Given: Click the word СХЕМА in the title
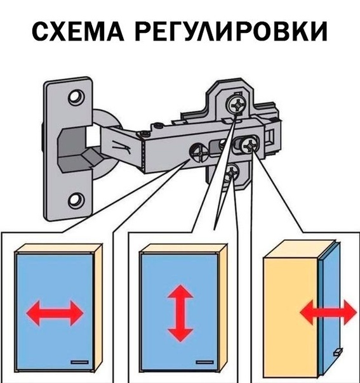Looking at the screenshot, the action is click(x=78, y=32).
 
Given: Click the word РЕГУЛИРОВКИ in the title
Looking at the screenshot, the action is click(x=231, y=32).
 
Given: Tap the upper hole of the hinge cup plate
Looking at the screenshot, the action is click(x=76, y=98).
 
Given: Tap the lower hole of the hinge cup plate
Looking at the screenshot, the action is click(x=76, y=200).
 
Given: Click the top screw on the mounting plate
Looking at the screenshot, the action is click(x=236, y=105).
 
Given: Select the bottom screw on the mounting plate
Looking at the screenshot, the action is click(x=232, y=172).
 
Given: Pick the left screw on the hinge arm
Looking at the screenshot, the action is click(x=198, y=153).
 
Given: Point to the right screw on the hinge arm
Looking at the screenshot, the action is click(x=250, y=146).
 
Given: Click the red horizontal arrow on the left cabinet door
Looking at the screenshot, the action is click(x=55, y=313).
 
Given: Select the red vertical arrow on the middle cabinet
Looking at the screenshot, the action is click(x=180, y=313).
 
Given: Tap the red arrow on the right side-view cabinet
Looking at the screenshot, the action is click(x=328, y=312).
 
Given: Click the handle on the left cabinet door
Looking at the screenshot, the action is click(x=79, y=362).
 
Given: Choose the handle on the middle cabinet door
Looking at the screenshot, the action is click(x=204, y=362).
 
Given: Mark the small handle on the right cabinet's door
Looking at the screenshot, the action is click(x=338, y=352).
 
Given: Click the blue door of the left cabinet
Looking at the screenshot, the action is click(x=55, y=312).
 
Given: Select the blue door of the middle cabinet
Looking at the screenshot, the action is click(x=180, y=312).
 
